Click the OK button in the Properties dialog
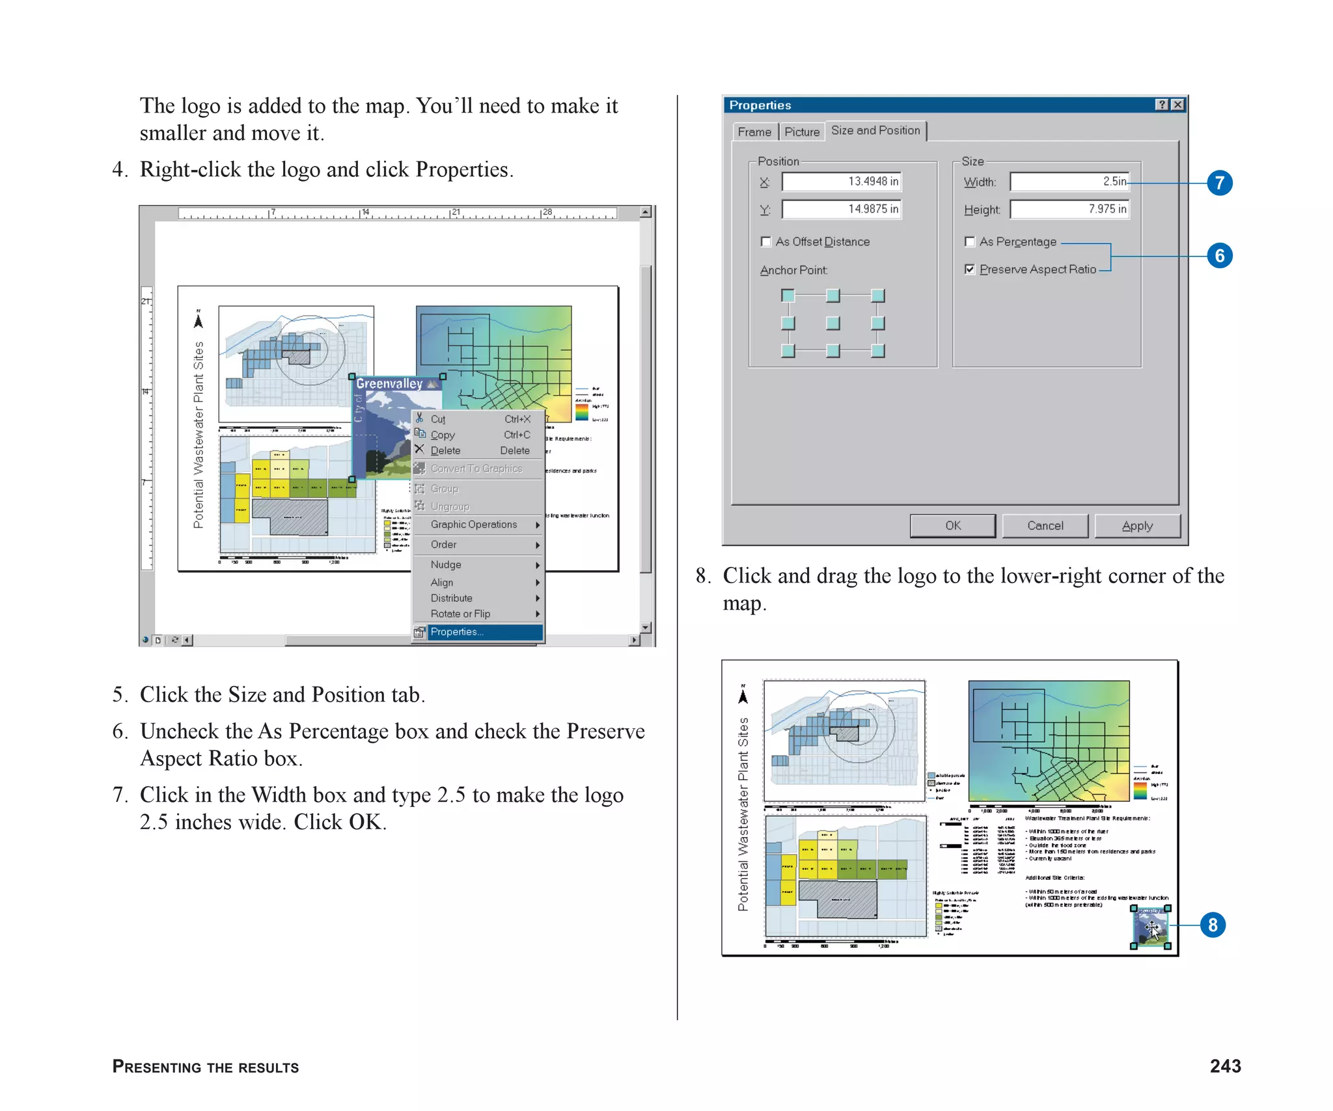[x=952, y=525]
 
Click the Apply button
[x=1136, y=525]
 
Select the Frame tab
[x=754, y=132]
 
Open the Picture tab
[x=801, y=132]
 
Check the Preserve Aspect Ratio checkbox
[x=970, y=269]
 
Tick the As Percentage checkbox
[x=970, y=242]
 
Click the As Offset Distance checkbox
[x=766, y=242]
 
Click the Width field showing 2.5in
[x=1069, y=182]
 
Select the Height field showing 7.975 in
[x=1069, y=209]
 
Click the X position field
[x=841, y=182]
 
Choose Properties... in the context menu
[x=457, y=632]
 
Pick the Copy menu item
[x=443, y=435]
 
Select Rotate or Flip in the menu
[x=460, y=614]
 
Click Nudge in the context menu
[x=446, y=565]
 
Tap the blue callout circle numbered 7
[x=1219, y=183]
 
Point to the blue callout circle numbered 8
[x=1212, y=925]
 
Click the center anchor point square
[x=832, y=323]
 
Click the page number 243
[x=1225, y=1066]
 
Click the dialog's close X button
[x=1177, y=105]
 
